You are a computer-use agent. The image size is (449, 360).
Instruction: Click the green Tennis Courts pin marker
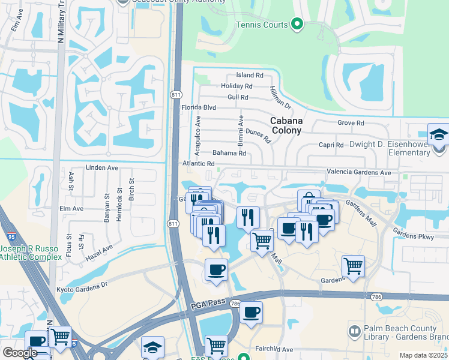click(296, 25)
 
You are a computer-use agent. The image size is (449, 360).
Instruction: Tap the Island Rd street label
click(250, 75)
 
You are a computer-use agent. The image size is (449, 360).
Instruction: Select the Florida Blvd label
click(198, 108)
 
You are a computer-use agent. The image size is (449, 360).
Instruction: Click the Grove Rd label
click(351, 122)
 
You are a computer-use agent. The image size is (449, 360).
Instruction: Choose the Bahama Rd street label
click(229, 153)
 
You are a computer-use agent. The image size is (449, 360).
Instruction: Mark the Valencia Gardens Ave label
click(358, 172)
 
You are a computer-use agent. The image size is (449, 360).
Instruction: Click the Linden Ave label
click(100, 167)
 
